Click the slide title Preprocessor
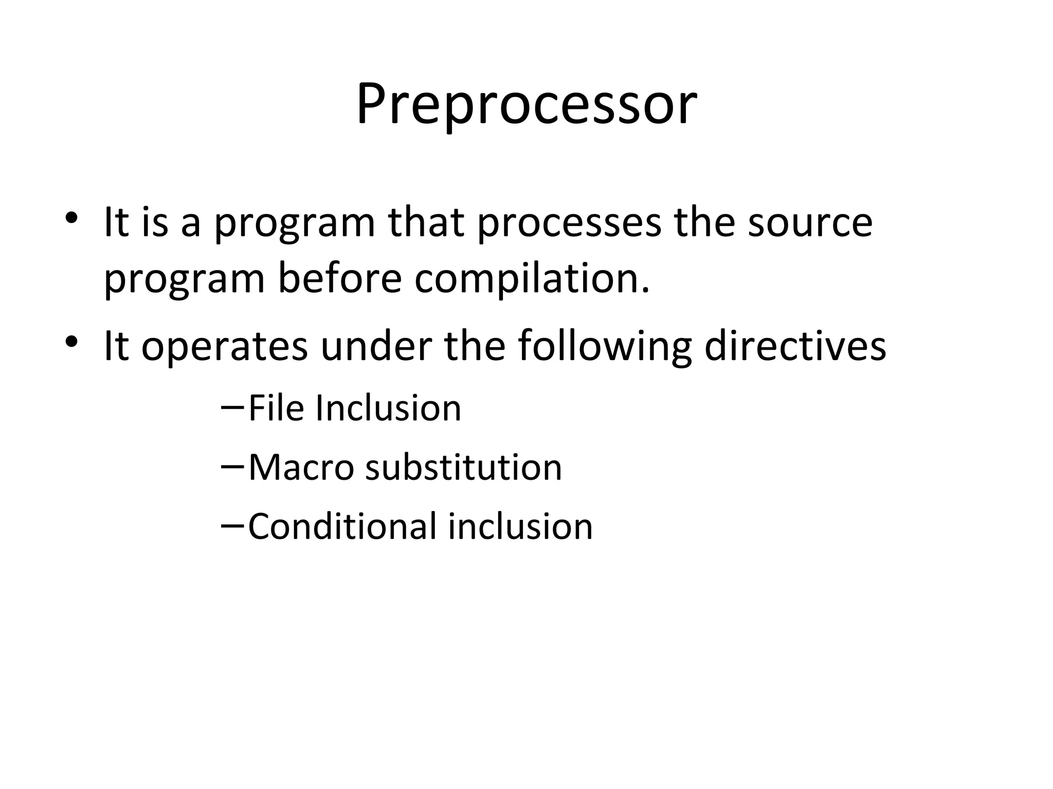526,105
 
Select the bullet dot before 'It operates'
71,341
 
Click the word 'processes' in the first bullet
569,223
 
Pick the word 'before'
339,279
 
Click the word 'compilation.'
532,279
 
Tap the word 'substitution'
464,468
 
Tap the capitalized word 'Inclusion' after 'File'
388,408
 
